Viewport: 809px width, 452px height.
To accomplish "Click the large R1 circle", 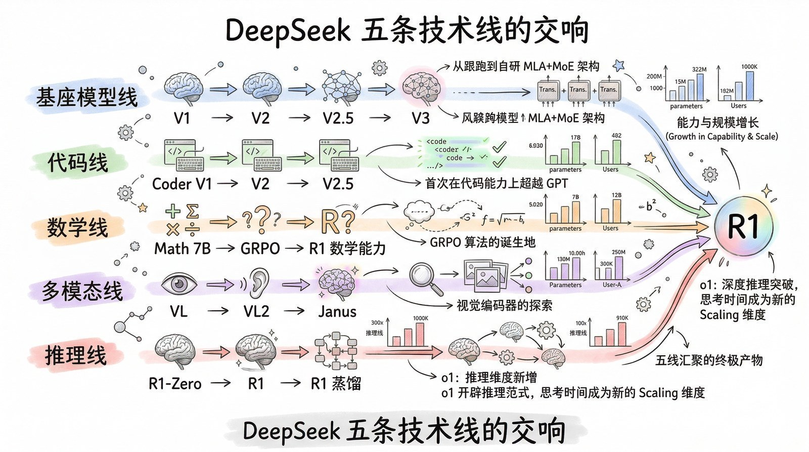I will [x=743, y=226].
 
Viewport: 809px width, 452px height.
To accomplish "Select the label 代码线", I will [x=78, y=162].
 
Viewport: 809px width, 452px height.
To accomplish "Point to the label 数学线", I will [x=78, y=227].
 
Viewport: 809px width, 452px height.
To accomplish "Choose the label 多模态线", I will [x=82, y=292].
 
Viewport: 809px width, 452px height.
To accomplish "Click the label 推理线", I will [x=76, y=355].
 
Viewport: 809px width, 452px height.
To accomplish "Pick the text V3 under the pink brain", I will [x=420, y=118].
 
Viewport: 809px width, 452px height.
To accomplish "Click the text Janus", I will [x=337, y=311].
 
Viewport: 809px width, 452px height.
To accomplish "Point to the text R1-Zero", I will [x=175, y=384].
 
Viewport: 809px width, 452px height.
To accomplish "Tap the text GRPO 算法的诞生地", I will [x=482, y=242].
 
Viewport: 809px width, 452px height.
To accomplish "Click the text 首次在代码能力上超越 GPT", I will [x=497, y=183].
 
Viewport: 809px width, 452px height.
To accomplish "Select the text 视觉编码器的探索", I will [x=504, y=305].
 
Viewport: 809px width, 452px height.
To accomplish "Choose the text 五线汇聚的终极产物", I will [x=709, y=360].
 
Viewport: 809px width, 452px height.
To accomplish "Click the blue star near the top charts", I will [x=618, y=65].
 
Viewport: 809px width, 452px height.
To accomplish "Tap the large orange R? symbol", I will [x=337, y=221].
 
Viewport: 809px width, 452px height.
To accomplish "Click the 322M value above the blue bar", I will [x=699, y=69].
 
